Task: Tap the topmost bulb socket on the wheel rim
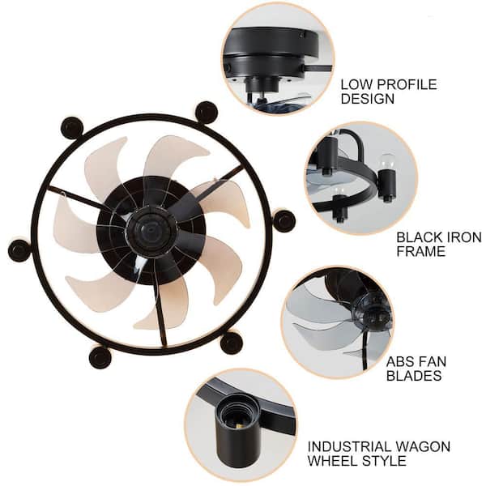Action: click(207, 112)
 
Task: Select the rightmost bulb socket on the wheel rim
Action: click(283, 220)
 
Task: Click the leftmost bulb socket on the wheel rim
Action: click(19, 250)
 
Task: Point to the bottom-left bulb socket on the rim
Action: click(100, 356)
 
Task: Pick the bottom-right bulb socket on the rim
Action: click(231, 343)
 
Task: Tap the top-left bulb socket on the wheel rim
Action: click(72, 127)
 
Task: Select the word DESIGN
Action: click(368, 99)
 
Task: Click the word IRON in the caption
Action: click(457, 237)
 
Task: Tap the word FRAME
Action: click(420, 252)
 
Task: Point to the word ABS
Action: click(400, 361)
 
